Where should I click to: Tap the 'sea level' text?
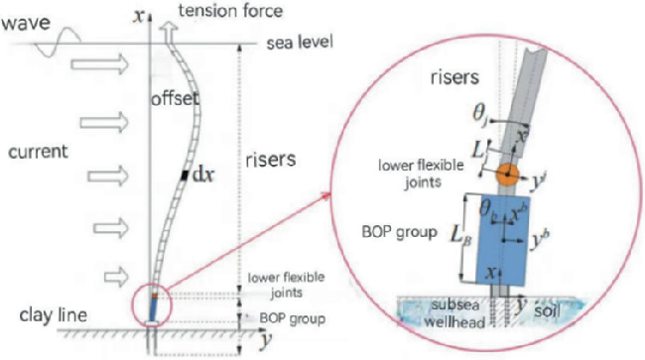click(301, 44)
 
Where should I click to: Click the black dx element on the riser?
click(185, 176)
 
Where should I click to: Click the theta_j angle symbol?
click(480, 118)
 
